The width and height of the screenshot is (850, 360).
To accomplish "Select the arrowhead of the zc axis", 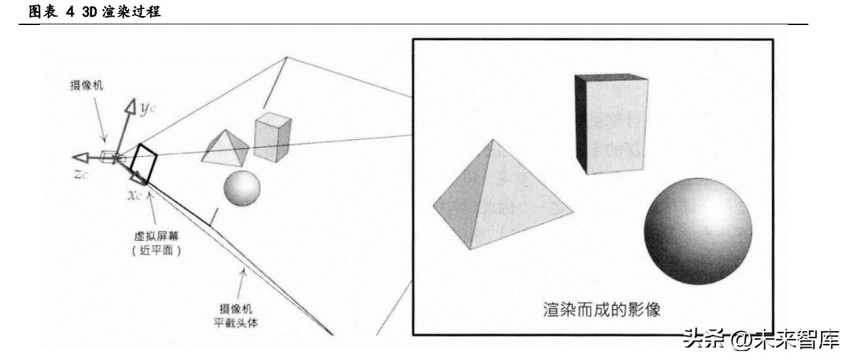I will [79, 158].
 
